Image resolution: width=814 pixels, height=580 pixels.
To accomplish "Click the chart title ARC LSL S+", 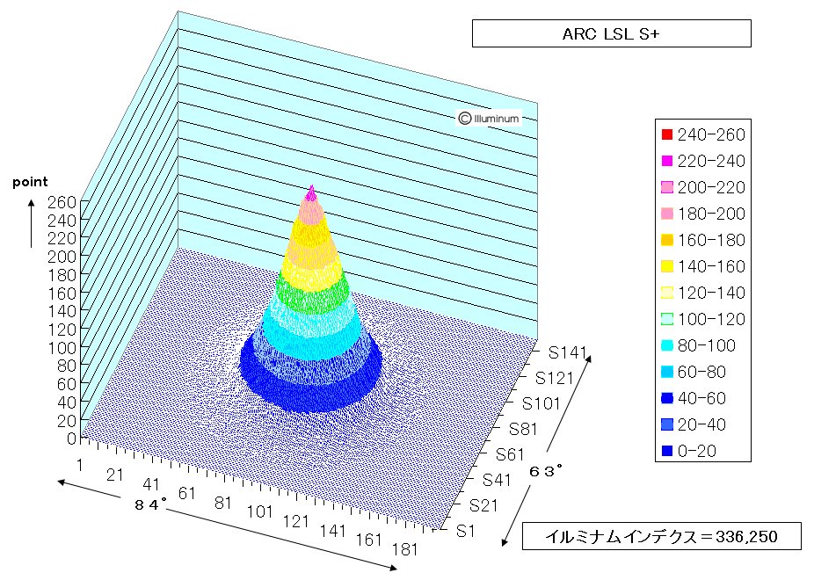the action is pyautogui.click(x=610, y=34).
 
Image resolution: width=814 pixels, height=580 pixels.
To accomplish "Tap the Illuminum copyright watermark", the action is pyautogui.click(x=489, y=119).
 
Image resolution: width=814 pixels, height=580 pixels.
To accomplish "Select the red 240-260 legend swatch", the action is pyautogui.click(x=667, y=134).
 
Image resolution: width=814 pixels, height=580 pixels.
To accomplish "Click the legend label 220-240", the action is pyautogui.click(x=711, y=162).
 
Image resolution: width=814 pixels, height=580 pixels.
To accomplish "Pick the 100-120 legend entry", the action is pyautogui.click(x=703, y=319).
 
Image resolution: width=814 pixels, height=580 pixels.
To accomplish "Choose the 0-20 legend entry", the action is pyautogui.click(x=689, y=451).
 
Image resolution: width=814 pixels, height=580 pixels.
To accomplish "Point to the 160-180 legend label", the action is pyautogui.click(x=711, y=240).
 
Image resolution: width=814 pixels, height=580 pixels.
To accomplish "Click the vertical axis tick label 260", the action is pyautogui.click(x=62, y=202).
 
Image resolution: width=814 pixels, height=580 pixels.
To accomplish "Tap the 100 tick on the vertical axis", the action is pyautogui.click(x=62, y=348).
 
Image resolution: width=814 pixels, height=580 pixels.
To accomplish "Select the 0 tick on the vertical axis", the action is pyautogui.click(x=71, y=439).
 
